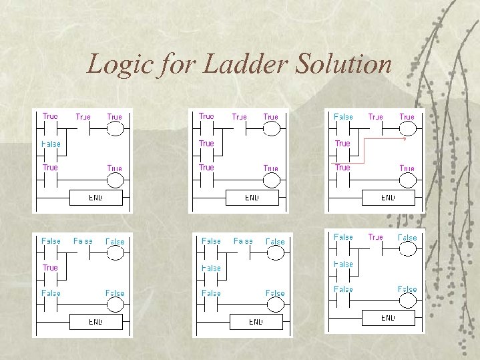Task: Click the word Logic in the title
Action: pos(115,64)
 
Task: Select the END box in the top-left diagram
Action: pos(95,198)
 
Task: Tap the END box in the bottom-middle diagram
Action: pos(256,321)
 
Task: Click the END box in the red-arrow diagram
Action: pos(388,198)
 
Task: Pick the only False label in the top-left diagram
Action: pos(51,144)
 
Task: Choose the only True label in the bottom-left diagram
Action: pos(50,267)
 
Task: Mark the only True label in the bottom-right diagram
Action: pos(376,237)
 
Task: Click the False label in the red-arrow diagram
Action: pos(343,116)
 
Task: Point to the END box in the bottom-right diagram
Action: pos(388,318)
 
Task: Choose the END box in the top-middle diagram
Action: pos(252,198)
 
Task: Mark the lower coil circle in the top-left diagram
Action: pos(115,181)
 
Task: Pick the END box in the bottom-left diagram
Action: pos(95,321)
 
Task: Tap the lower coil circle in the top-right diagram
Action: pos(407,181)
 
